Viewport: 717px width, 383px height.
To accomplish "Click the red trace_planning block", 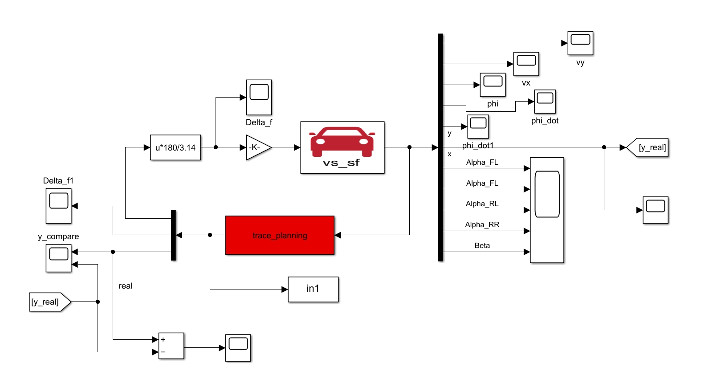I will coord(280,235).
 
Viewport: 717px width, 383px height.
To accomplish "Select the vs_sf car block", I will coord(342,147).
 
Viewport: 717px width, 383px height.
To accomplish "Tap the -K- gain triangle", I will coord(257,147).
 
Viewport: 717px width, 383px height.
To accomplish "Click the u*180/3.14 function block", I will coord(175,147).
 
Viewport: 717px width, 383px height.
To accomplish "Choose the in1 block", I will coord(313,289).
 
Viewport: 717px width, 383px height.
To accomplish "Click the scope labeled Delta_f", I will coord(259,97).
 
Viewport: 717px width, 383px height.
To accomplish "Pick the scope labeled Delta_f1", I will coord(58,206).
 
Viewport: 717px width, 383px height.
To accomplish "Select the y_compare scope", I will coord(58,258).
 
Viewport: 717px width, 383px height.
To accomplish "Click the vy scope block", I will coord(580,43).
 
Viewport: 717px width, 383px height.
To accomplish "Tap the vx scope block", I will coord(526,64).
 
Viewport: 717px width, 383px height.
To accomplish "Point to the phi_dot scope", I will coord(545,102).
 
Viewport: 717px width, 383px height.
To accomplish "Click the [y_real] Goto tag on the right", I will coord(648,147).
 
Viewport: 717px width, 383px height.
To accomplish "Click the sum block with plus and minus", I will coord(171,346).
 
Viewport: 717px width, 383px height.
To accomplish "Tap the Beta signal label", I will coord(482,245).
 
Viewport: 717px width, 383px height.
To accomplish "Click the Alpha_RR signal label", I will coord(482,224).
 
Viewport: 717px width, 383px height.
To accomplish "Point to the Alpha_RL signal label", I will coord(482,204).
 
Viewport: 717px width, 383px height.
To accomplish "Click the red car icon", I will coord(342,142).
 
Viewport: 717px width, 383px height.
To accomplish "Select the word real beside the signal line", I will coord(126,286).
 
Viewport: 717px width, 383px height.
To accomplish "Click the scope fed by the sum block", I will coord(238,347).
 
